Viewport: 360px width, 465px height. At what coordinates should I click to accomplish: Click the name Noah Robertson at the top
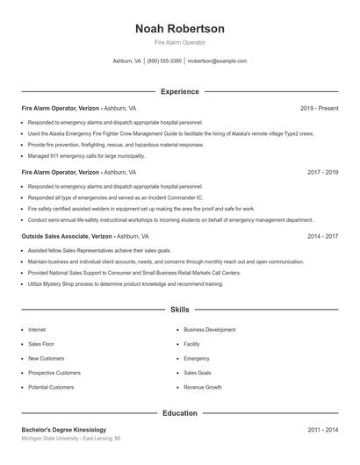[179, 28]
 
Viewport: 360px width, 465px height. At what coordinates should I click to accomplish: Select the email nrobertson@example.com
[218, 61]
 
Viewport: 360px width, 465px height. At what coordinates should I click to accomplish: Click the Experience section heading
[179, 91]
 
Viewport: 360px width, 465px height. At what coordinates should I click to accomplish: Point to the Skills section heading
[179, 310]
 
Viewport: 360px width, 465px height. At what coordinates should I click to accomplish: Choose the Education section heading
[179, 412]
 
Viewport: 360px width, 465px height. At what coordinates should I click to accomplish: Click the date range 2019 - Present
[319, 108]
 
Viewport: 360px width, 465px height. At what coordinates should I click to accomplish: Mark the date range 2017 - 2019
[322, 172]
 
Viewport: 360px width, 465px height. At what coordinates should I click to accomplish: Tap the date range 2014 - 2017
[322, 236]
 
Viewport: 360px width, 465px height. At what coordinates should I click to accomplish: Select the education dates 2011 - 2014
[322, 430]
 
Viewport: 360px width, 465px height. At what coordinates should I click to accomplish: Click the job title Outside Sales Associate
[59, 236]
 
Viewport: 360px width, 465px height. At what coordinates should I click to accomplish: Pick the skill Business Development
[209, 330]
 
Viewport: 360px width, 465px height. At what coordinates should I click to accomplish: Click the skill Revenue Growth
[202, 387]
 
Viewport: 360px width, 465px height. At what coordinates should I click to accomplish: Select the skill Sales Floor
[40, 344]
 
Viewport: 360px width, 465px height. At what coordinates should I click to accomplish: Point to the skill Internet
[37, 330]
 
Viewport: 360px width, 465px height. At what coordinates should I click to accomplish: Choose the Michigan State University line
[70, 438]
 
